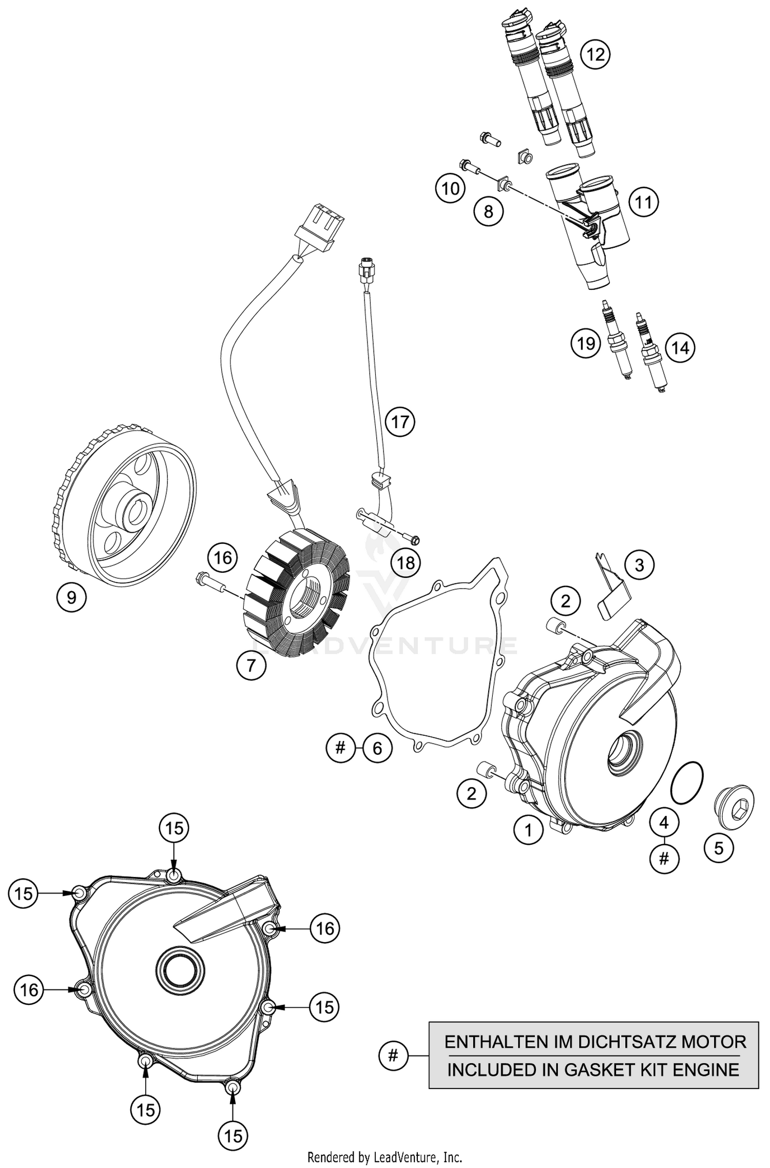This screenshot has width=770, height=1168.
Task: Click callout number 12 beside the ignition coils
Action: pyautogui.click(x=595, y=54)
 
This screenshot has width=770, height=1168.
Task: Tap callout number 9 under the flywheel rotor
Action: pyautogui.click(x=71, y=597)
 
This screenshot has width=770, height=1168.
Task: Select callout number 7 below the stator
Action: pyautogui.click(x=251, y=666)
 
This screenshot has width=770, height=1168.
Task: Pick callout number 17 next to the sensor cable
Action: pyautogui.click(x=400, y=422)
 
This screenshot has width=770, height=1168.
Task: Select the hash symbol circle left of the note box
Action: pyautogui.click(x=393, y=1056)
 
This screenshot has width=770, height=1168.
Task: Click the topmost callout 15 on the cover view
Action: pyautogui.click(x=174, y=828)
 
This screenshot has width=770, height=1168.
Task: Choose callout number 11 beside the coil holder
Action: pyautogui.click(x=643, y=202)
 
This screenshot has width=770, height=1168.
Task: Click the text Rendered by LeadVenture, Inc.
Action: pyautogui.click(x=384, y=1157)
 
